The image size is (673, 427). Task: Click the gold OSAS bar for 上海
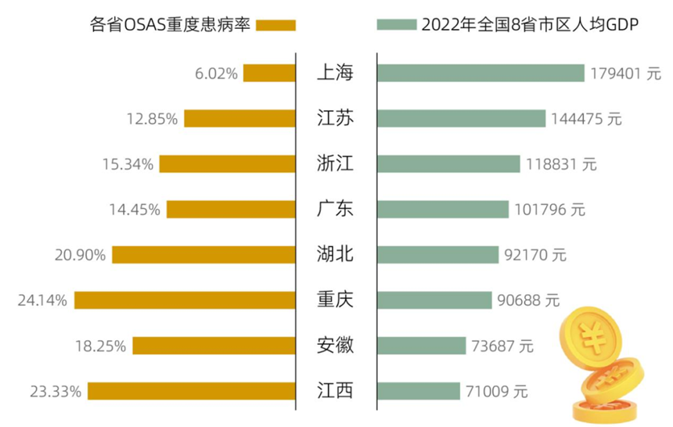pos(269,73)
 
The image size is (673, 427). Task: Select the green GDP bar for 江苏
pos(461,118)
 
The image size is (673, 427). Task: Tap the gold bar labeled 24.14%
pos(185,301)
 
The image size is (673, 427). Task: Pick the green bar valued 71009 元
pos(418,392)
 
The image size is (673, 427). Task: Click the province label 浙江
pos(335,164)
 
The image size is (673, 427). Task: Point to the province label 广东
pos(335,209)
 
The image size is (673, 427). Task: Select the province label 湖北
pos(335,255)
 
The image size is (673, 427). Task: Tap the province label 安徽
pos(335,346)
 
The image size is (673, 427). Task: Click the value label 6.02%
pos(215,74)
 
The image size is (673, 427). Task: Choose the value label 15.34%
pos(129,165)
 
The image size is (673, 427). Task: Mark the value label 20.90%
pos(81,256)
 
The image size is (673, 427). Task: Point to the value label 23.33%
pos(55,392)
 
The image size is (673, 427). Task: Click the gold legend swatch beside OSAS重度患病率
pos(276,25)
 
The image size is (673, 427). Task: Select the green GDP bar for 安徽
pos(421,346)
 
